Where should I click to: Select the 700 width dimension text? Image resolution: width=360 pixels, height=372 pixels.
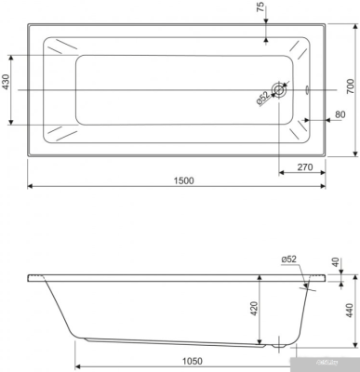[x=351, y=87]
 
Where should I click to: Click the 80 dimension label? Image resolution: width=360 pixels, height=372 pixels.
[x=340, y=115]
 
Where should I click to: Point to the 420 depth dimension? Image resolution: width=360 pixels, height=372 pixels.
[x=253, y=308]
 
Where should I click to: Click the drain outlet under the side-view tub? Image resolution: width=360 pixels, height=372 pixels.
[x=277, y=343]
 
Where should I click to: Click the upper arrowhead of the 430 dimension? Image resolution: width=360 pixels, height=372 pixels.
[x=11, y=55]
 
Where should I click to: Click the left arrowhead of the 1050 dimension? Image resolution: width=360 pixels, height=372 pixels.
[x=71, y=352]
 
